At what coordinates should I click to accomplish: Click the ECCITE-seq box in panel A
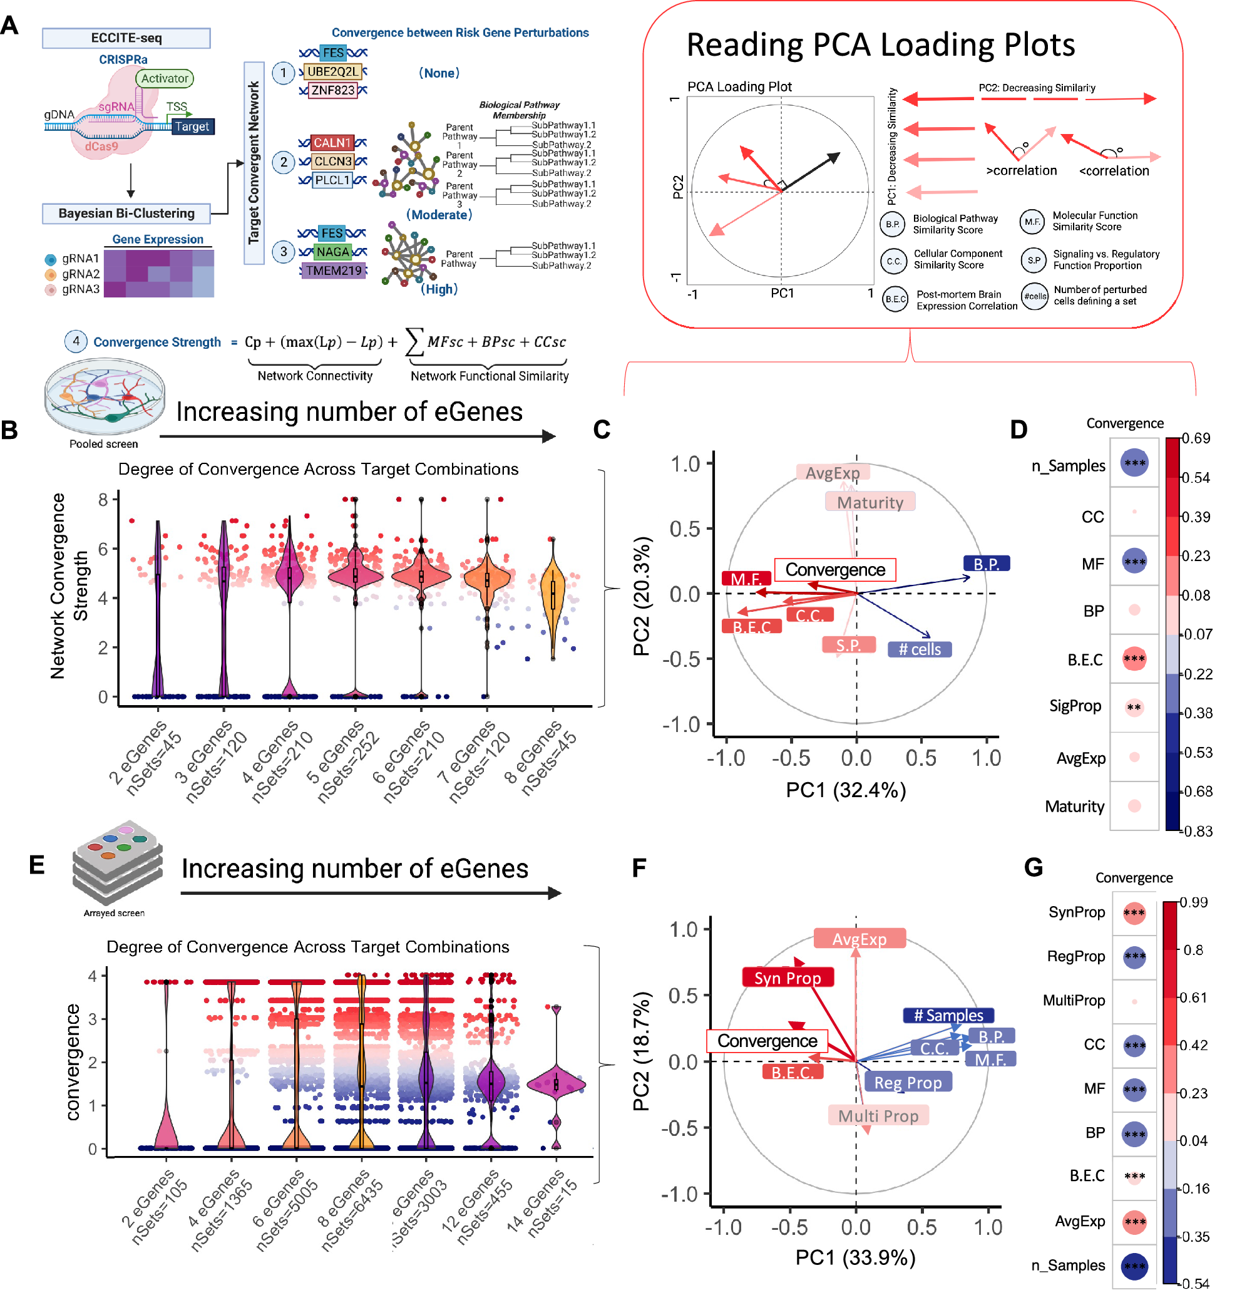click(126, 38)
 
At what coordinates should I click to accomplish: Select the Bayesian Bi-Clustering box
click(126, 213)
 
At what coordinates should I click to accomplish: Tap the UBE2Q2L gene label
click(332, 71)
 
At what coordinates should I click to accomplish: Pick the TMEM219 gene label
click(334, 271)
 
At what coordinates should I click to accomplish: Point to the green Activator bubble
click(164, 78)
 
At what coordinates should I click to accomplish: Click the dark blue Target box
click(192, 126)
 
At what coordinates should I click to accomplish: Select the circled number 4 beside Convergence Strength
click(76, 341)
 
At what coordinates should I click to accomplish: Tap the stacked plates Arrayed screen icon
click(117, 862)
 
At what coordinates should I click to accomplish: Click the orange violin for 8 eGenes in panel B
click(553, 592)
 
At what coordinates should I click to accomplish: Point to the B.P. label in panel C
click(986, 564)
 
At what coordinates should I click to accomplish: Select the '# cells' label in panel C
click(919, 649)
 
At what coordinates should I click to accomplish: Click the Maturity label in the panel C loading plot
click(870, 502)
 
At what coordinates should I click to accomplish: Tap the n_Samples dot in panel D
click(1134, 463)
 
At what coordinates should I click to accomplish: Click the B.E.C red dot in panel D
click(1134, 659)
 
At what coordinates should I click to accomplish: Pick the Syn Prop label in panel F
click(787, 977)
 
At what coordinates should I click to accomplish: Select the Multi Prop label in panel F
click(877, 1116)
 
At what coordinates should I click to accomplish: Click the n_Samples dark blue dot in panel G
click(1134, 1266)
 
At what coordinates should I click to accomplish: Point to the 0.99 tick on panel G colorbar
click(1193, 902)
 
